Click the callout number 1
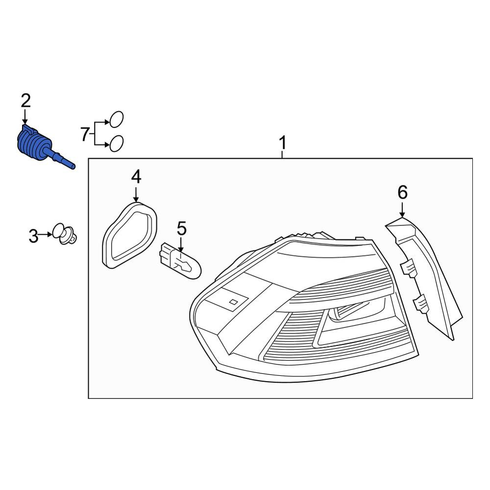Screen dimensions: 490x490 [283, 143]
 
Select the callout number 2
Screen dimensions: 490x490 [26, 101]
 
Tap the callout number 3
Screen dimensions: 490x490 [33, 236]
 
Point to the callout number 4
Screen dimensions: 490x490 [136, 177]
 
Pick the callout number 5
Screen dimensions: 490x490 [182, 228]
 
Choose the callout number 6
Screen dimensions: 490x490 [402, 192]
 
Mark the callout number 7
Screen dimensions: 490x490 [85, 134]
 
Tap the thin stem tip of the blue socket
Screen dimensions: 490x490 [73, 167]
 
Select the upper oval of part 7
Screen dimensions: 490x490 [116, 120]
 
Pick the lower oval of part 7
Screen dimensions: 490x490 [116, 144]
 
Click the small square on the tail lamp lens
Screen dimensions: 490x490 [233, 301]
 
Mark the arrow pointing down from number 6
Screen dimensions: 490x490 [402, 209]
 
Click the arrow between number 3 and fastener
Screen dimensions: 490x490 [46, 234]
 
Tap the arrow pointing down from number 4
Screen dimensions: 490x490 [136, 194]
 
